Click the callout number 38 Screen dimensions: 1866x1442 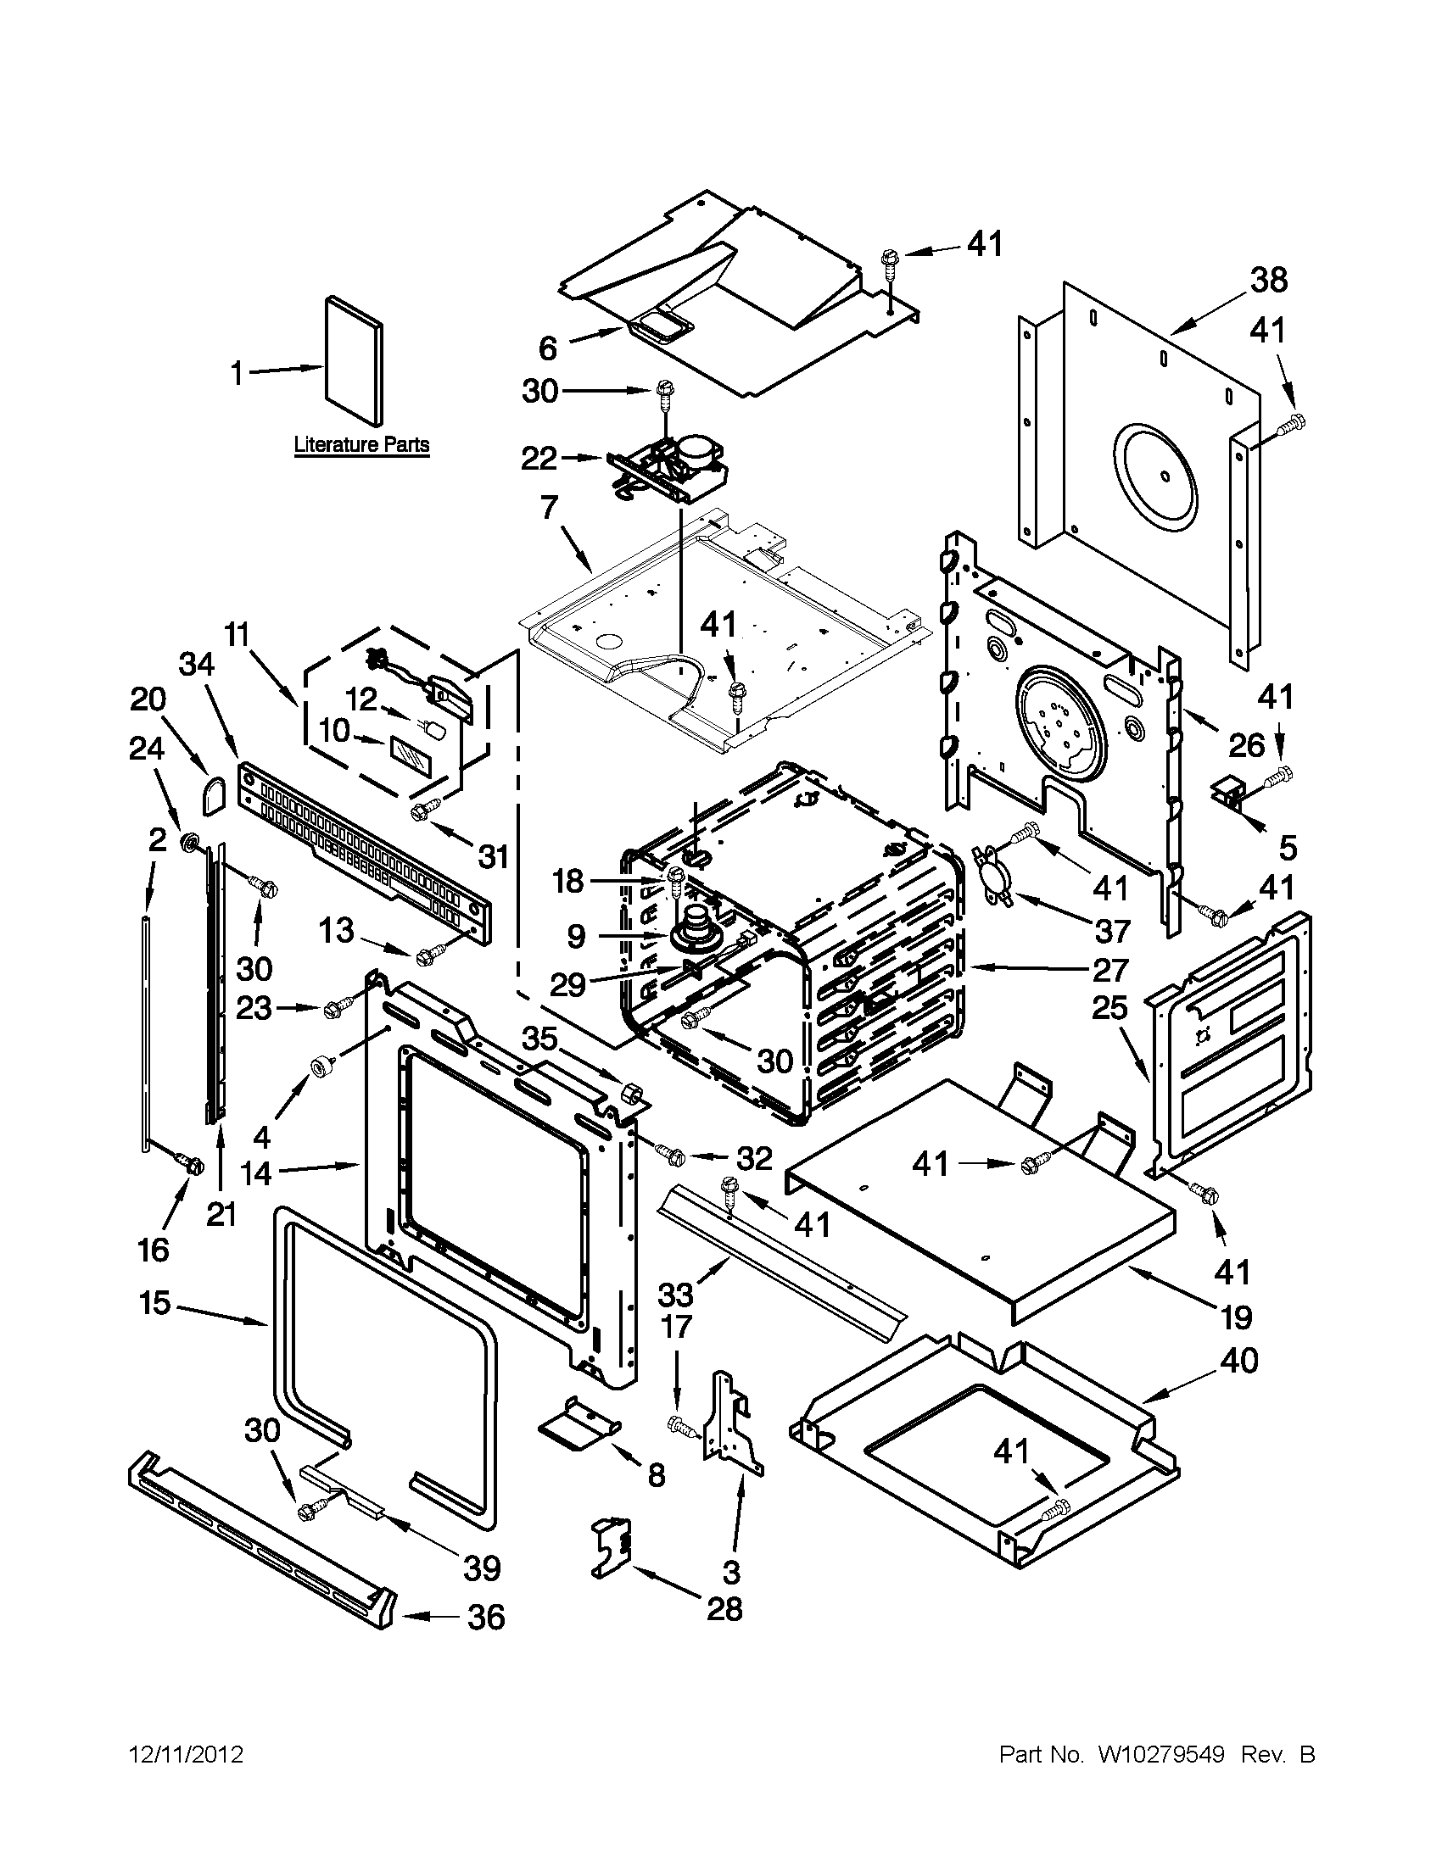(1267, 281)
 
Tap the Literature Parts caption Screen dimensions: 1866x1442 (360, 445)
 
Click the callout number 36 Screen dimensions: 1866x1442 (486, 1618)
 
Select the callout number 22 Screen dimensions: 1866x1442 (539, 460)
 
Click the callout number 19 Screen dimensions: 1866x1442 (1236, 1317)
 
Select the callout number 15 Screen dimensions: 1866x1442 (154, 1304)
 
